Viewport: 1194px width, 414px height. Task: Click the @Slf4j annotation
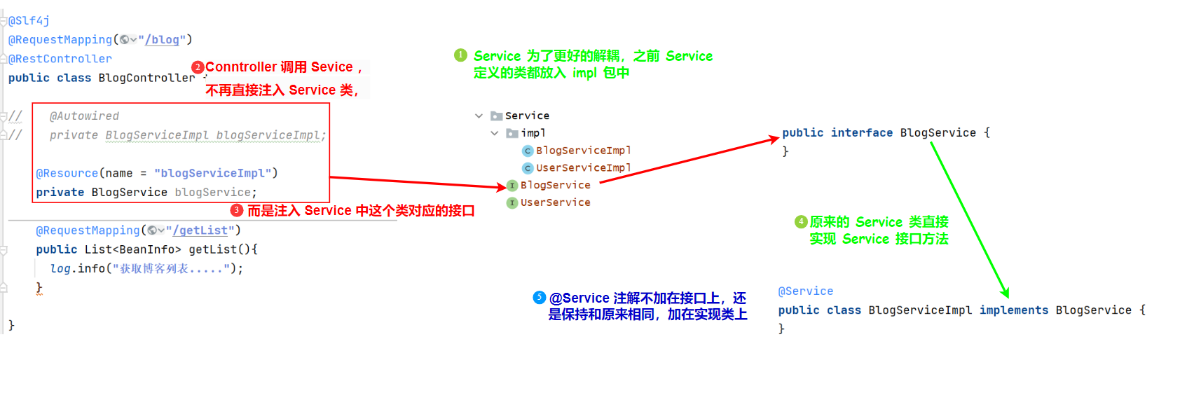point(29,21)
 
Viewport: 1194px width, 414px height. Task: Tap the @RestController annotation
point(60,59)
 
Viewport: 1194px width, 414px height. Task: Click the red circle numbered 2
point(198,67)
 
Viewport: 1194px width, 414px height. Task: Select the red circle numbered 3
point(237,210)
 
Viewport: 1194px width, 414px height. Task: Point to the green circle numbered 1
point(460,55)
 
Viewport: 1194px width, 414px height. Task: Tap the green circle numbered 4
point(801,222)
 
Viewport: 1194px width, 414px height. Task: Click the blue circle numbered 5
point(539,298)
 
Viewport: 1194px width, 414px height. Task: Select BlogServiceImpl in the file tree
point(583,151)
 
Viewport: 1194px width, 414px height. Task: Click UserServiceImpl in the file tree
point(583,168)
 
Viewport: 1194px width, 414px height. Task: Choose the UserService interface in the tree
point(555,202)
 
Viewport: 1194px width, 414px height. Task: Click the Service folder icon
point(496,116)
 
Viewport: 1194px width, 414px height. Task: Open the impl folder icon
point(512,133)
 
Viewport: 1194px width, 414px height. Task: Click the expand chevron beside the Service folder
point(479,116)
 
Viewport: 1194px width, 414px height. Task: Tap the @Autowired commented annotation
point(84,116)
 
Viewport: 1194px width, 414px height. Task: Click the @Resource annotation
point(67,173)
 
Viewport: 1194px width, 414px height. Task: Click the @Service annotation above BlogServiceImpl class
point(806,291)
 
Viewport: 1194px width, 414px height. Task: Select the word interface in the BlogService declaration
point(862,133)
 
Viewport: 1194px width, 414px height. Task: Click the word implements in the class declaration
point(1014,310)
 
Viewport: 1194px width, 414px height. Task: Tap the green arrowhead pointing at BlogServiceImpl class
point(1005,294)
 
